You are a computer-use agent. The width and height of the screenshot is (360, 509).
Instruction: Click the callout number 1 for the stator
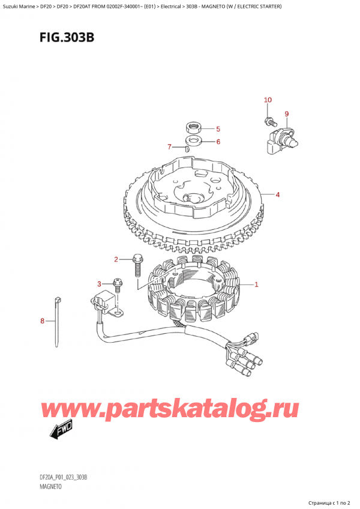click(x=257, y=285)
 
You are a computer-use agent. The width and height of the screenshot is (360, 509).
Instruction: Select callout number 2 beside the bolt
click(x=116, y=259)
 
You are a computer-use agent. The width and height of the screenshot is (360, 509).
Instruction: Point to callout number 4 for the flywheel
click(x=278, y=194)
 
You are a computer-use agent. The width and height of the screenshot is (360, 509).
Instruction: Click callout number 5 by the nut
click(x=218, y=129)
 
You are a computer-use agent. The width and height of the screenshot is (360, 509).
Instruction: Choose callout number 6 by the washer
click(x=218, y=142)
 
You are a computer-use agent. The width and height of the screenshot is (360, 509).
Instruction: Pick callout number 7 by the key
click(x=170, y=146)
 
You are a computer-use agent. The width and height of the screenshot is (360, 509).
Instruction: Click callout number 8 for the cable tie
click(x=42, y=321)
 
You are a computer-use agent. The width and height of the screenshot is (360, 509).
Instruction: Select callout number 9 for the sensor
click(x=286, y=114)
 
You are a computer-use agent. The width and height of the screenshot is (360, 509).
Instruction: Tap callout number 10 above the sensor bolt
click(x=268, y=100)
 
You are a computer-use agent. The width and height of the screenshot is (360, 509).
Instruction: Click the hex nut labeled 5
click(x=194, y=127)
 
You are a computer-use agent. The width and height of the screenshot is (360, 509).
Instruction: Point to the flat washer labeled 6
click(x=194, y=141)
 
